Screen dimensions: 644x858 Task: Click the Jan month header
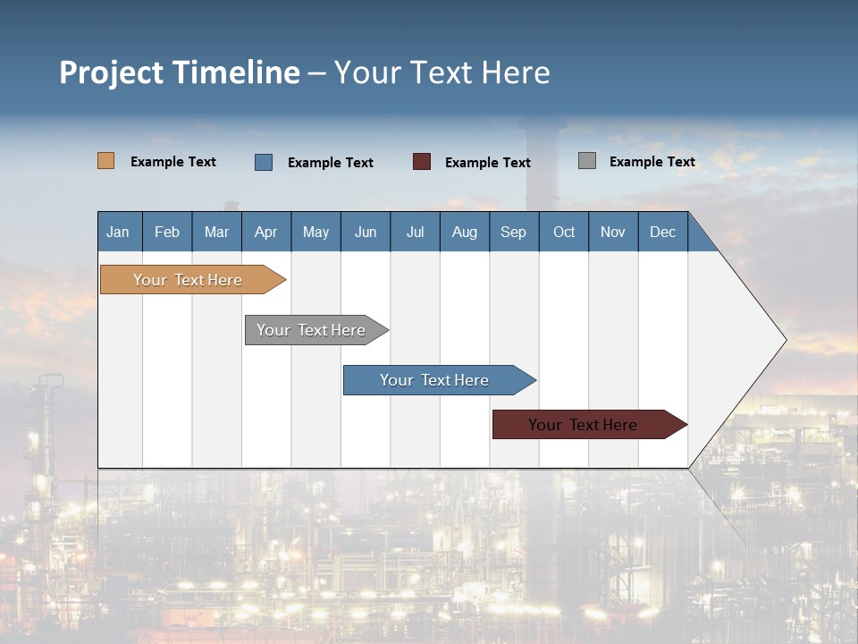pos(119,232)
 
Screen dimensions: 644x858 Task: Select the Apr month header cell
pos(266,232)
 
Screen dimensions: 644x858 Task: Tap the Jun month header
pos(366,232)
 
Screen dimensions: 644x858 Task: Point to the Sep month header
pos(514,232)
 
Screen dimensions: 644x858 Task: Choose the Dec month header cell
pos(663,232)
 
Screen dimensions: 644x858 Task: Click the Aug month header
pos(465,232)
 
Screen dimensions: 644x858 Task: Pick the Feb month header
pos(167,232)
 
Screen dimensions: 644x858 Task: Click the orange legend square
pos(106,161)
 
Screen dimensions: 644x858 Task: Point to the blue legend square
pos(264,162)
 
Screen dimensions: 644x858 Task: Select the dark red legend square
pos(422,162)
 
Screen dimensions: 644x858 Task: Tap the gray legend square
pos(587,161)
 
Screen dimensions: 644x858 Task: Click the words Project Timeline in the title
pos(180,72)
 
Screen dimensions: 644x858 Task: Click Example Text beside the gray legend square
pos(652,162)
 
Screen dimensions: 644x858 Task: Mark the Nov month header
pos(613,232)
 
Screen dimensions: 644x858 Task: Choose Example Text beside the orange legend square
pos(173,162)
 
